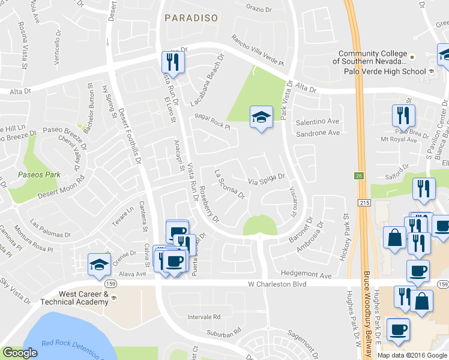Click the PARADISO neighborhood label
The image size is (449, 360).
click(191, 18)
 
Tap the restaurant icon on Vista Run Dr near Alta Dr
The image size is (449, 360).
click(173, 63)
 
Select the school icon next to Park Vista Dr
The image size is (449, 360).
click(261, 118)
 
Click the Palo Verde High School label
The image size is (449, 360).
click(384, 71)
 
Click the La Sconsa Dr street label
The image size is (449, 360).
click(230, 184)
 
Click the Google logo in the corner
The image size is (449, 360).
click(20, 353)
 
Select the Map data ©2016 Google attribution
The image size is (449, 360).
click(412, 355)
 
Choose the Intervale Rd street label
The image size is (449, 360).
click(205, 317)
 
